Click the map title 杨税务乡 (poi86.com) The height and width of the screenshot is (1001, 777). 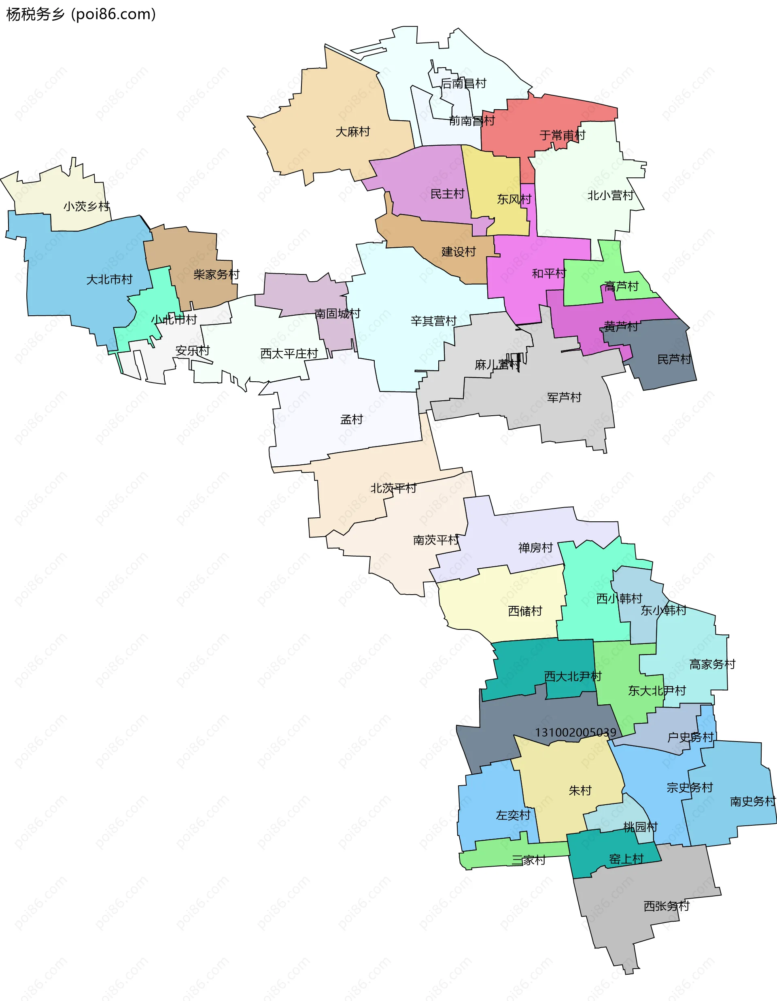[81, 14]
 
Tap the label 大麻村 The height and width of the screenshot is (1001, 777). [353, 132]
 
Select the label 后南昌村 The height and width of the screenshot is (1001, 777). [463, 83]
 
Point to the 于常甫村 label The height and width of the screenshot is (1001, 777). [562, 135]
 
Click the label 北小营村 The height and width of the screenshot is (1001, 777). [610, 196]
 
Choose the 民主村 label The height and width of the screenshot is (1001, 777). [447, 194]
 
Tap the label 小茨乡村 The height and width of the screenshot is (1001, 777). [87, 206]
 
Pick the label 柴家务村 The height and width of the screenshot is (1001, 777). [216, 274]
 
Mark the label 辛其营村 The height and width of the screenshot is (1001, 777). [433, 321]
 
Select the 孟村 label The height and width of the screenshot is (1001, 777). [351, 419]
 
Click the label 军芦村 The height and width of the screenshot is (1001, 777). [564, 397]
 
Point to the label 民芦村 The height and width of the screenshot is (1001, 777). [674, 359]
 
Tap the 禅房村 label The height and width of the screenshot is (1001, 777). [535, 548]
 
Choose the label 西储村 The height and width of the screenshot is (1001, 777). [525, 611]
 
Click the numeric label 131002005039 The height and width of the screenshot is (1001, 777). [575, 732]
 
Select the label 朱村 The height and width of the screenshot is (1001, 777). [580, 791]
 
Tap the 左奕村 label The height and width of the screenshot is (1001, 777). [513, 815]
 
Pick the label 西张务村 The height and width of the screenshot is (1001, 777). [666, 906]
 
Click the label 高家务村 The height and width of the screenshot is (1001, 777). [712, 664]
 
